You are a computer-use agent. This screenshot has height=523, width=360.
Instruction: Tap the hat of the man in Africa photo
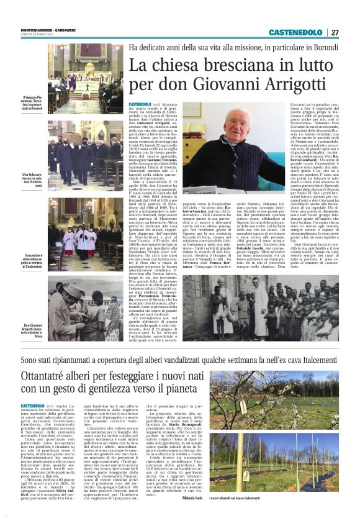coord(69,290)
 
